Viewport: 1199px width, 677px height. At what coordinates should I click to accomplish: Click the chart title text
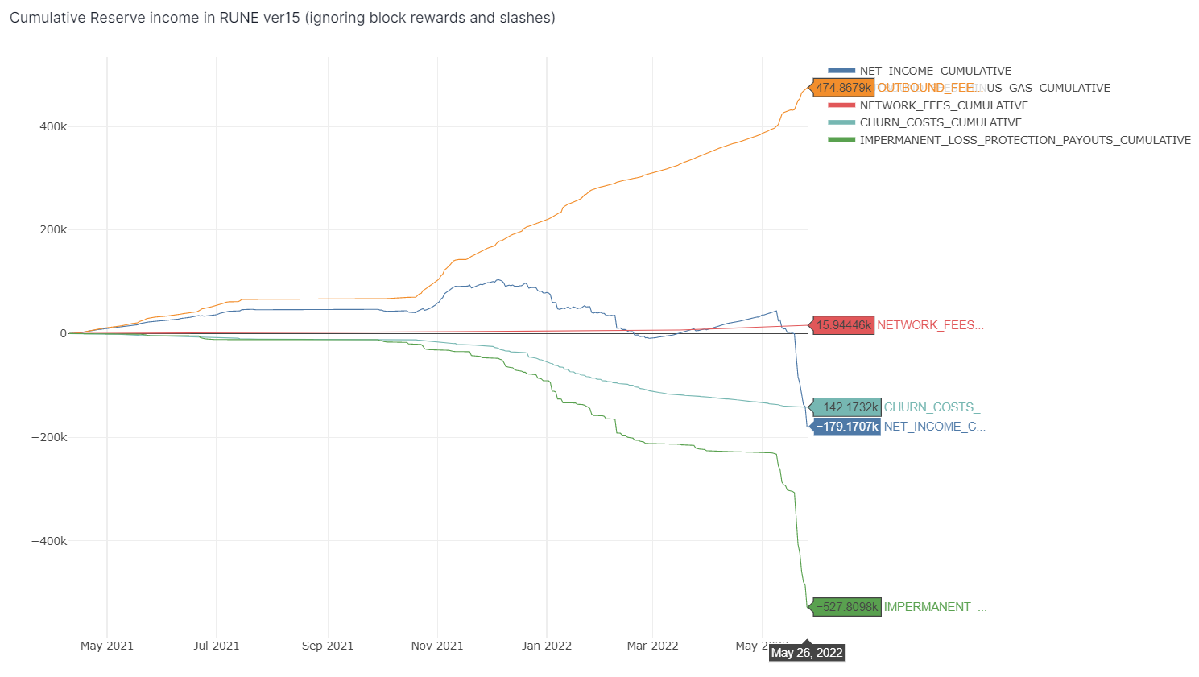[282, 18]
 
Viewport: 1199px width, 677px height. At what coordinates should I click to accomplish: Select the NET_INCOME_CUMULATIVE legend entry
[935, 71]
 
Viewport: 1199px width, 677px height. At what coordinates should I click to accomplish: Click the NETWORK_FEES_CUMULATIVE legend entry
[943, 105]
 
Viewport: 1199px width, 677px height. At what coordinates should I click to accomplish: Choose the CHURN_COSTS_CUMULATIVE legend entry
[940, 122]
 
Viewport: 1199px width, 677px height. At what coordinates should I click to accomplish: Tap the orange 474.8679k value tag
[843, 88]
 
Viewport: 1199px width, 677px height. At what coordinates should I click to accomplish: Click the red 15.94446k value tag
[843, 325]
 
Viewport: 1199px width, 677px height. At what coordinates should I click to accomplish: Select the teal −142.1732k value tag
[846, 407]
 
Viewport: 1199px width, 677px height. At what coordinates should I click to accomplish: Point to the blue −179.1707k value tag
[846, 427]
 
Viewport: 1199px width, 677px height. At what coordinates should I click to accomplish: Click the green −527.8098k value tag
[846, 607]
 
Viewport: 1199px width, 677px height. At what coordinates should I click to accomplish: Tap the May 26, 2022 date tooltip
[807, 653]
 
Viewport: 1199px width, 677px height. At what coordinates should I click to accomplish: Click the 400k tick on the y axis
[53, 126]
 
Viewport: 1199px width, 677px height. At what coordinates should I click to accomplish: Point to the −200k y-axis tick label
[49, 437]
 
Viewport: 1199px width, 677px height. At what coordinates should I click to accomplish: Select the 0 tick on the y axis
[63, 333]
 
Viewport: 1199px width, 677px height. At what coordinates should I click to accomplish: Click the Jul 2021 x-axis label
[217, 646]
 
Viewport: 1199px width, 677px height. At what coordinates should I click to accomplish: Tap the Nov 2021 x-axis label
[437, 646]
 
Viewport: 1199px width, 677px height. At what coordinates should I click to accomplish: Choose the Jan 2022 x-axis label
[547, 646]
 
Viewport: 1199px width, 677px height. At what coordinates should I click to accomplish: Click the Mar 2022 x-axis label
[653, 646]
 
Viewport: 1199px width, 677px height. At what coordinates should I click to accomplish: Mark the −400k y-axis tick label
[49, 541]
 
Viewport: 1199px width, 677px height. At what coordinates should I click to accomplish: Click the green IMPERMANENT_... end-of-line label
[935, 607]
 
